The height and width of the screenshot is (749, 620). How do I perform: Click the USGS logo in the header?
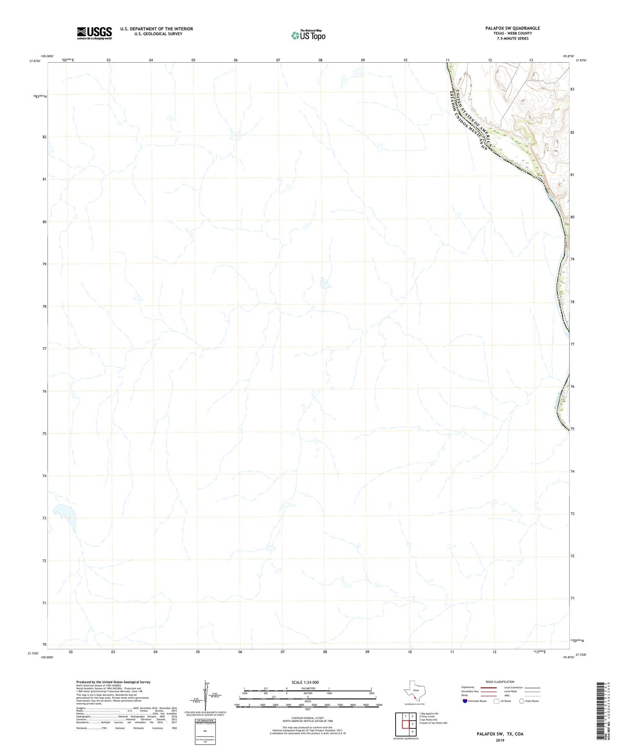94,33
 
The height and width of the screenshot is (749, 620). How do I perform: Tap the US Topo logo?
308,35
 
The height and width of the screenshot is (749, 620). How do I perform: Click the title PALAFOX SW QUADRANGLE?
512,28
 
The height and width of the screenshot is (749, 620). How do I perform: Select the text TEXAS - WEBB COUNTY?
512,33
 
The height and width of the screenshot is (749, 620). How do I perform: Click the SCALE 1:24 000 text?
305,683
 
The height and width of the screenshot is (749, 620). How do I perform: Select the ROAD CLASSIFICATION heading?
500,682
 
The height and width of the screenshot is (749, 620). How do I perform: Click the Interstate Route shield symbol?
465,701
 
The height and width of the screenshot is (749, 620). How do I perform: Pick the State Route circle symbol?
521,701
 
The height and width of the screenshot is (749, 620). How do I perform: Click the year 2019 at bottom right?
500,740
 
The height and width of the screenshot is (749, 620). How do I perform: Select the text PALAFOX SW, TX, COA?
500,734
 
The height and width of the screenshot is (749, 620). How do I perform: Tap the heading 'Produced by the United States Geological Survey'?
113,682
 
